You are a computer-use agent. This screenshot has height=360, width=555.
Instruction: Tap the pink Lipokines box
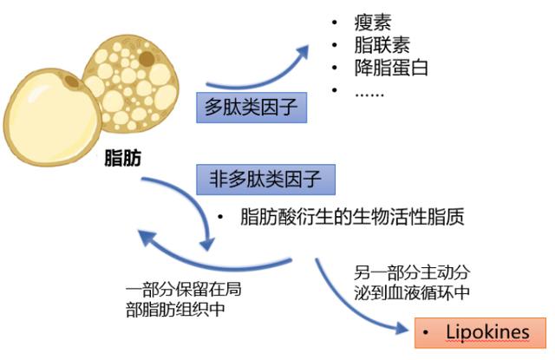tap(480, 333)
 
